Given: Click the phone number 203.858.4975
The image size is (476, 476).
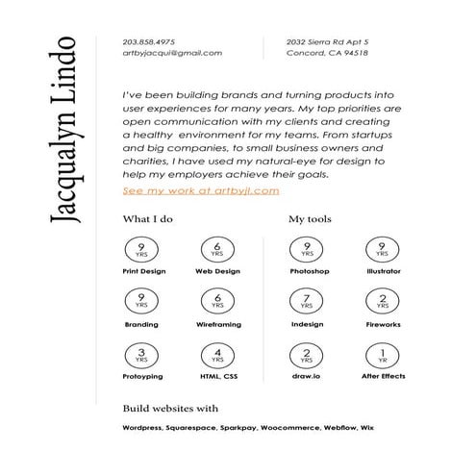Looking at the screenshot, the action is (149, 41).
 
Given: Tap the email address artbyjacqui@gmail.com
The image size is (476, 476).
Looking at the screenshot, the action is (173, 54).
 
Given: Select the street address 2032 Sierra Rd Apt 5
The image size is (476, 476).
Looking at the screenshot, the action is (328, 41).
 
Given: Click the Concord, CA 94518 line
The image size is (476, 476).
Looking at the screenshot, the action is (327, 54).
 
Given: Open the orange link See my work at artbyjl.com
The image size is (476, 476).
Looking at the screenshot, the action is (201, 190).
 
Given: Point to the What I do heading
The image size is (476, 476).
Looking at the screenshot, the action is (148, 219).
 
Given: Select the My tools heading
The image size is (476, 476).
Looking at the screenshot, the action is (311, 219).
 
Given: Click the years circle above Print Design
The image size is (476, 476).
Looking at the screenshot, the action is (141, 250).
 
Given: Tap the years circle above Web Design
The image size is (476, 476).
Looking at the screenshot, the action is (217, 250).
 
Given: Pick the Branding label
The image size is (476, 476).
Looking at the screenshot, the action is (141, 325).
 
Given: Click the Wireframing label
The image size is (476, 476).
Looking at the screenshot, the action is (217, 325).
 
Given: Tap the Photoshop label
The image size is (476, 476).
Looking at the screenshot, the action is (309, 272).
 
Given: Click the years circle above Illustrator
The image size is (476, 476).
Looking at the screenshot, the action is (384, 250).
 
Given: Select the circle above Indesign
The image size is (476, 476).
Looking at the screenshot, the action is (307, 303).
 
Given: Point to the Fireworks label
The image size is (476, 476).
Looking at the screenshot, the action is (384, 325).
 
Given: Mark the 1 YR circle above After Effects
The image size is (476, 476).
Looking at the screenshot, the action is (384, 356).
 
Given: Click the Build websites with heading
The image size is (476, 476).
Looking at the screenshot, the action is (171, 408).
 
